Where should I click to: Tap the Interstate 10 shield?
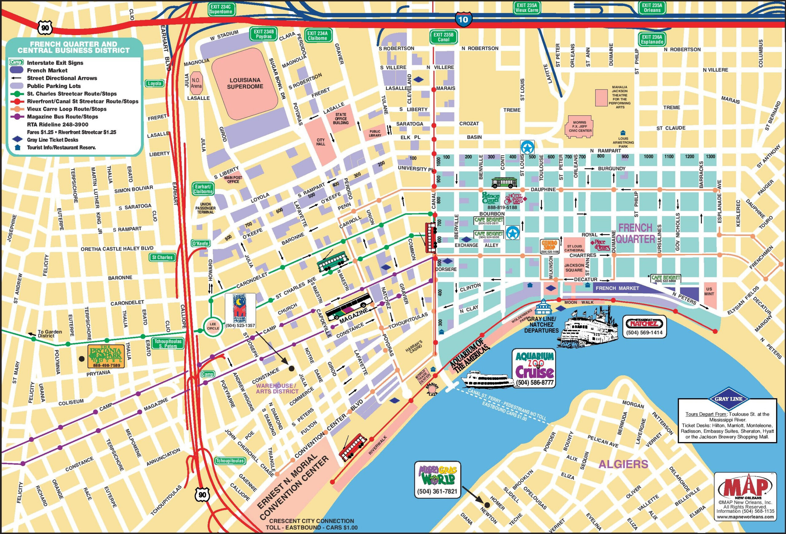click(x=463, y=19)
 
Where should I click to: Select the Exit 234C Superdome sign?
click(x=221, y=9)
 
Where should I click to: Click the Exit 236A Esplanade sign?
click(x=652, y=39)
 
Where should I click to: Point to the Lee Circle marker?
click(x=213, y=326)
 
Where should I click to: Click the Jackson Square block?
click(x=574, y=267)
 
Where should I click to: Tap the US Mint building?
click(x=709, y=291)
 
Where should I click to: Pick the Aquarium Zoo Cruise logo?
click(x=534, y=365)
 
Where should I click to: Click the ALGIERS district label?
click(x=623, y=464)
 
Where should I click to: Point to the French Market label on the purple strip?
click(x=617, y=288)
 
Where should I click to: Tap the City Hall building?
click(x=320, y=141)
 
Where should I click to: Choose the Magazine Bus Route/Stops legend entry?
click(x=62, y=117)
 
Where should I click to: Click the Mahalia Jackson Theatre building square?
click(x=601, y=98)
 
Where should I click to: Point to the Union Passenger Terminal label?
click(x=205, y=208)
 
